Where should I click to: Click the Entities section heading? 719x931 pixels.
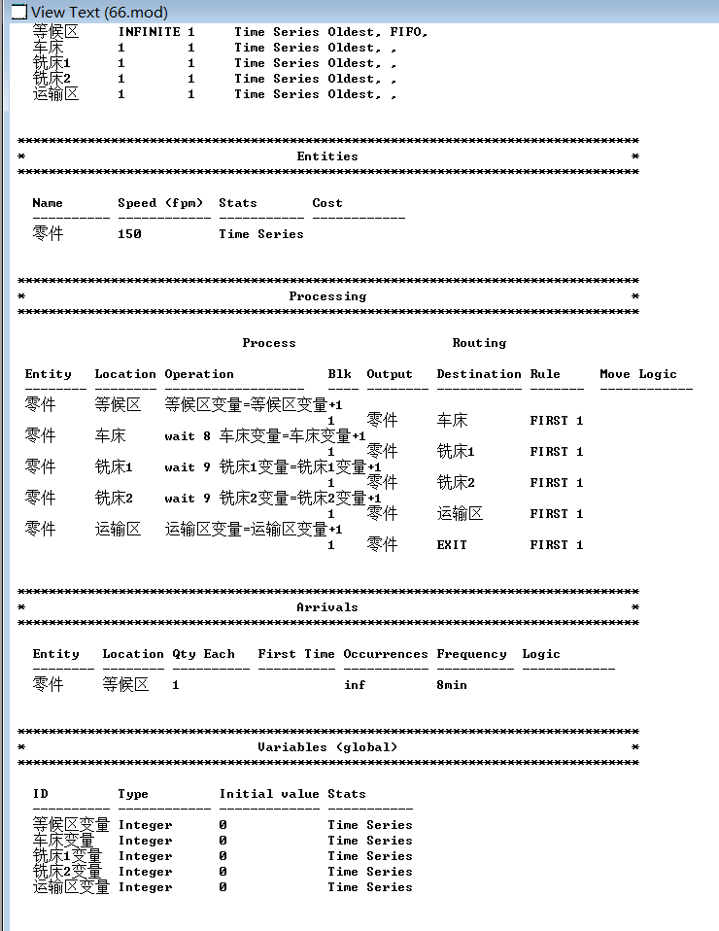point(327,156)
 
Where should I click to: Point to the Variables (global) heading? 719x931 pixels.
point(327,747)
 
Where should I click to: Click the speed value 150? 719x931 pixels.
point(129,234)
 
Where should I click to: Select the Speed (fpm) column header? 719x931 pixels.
point(160,203)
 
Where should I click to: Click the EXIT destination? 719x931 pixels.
point(452,545)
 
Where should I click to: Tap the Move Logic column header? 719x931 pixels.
point(638,374)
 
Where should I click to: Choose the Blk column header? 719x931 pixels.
point(339,374)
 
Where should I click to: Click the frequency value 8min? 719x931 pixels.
point(452,685)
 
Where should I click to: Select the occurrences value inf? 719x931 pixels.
point(355,685)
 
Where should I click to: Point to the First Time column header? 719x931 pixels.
point(296,654)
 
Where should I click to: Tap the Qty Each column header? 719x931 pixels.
point(203,654)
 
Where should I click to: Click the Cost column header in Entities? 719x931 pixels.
point(327,203)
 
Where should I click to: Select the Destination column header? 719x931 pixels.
point(479,374)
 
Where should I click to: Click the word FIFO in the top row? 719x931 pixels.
point(405,32)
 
